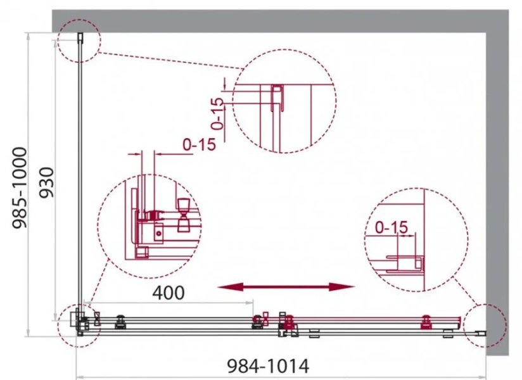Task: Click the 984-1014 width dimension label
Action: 268,366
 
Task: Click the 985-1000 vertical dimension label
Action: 19,188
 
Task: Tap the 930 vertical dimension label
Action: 46,182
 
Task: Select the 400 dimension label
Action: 168,293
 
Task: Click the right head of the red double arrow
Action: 342,287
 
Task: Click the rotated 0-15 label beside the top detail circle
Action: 218,113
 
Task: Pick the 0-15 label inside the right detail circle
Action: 391,227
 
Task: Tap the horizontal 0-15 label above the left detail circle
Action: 200,144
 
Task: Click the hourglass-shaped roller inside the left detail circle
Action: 184,215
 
